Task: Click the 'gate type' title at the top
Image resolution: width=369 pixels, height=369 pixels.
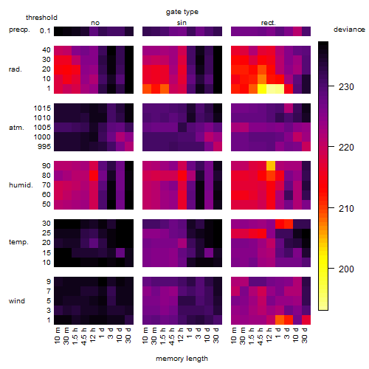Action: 182,12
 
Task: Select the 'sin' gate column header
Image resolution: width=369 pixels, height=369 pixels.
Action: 182,23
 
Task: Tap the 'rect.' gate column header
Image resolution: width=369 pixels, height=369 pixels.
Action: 268,23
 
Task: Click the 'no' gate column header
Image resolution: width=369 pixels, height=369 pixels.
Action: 95,23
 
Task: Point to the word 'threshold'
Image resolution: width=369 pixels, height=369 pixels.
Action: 41,18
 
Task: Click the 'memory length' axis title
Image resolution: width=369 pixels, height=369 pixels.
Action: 182,359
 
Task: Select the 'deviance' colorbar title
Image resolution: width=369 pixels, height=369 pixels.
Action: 349,30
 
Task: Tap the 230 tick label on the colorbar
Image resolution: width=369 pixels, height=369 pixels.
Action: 346,86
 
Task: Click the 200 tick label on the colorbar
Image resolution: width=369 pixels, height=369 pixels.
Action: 346,269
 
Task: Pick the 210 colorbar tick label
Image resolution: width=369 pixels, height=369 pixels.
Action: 346,208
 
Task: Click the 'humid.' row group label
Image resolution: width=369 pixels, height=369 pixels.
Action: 21,185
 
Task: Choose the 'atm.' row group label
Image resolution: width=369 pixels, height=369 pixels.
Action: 16,128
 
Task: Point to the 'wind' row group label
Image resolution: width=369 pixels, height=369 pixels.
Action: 17,300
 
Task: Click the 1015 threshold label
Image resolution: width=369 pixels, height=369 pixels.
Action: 42,108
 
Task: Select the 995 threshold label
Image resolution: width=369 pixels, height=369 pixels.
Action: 44,146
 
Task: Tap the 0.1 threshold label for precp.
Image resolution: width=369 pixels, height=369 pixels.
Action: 45,31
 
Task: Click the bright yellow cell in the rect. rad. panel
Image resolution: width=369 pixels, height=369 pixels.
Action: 262,89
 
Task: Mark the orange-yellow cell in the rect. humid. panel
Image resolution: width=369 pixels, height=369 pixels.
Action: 271,166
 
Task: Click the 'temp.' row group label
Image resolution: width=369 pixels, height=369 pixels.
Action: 18,242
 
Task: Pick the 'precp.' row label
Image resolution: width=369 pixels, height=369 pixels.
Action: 19,30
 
